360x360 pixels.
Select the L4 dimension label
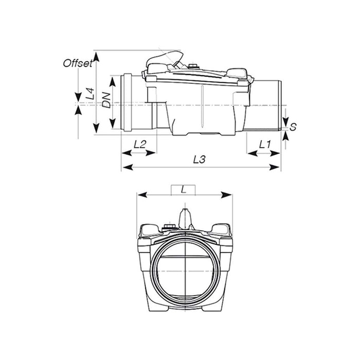coord(90,94)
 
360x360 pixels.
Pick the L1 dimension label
coord(265,145)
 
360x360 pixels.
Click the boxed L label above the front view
coord(183,190)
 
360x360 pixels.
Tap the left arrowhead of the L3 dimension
coord(124,168)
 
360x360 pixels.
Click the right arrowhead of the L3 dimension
coord(278,168)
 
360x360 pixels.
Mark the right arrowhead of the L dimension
coord(228,194)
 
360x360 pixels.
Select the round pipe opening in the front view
coord(183,268)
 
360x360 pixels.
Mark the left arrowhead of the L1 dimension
coord(249,153)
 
